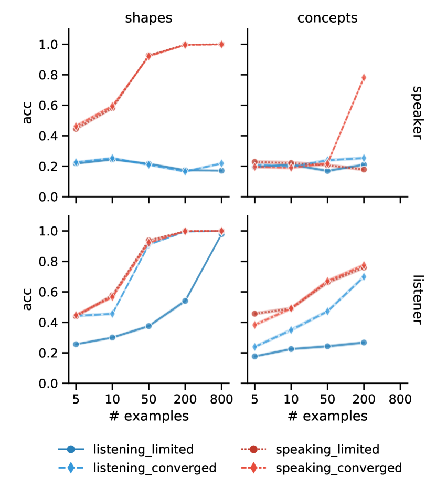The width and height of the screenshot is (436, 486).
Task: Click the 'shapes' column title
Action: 148,18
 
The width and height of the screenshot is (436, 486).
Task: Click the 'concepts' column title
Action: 327,18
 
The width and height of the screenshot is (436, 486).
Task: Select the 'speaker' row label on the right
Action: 416,112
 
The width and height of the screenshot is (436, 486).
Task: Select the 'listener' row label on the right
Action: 416,299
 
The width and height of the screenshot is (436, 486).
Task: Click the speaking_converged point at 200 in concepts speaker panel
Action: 364,78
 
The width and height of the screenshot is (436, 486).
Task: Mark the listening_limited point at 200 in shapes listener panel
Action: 185,301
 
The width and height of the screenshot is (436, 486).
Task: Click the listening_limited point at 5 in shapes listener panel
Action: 76,344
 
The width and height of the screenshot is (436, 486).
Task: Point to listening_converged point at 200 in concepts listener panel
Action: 364,277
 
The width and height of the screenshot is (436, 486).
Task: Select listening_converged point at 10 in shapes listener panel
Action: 112,314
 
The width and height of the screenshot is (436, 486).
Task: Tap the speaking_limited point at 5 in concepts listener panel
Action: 254,314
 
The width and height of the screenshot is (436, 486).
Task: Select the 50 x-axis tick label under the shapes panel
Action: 148,400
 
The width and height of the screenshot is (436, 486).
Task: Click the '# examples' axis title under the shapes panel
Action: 148,416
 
